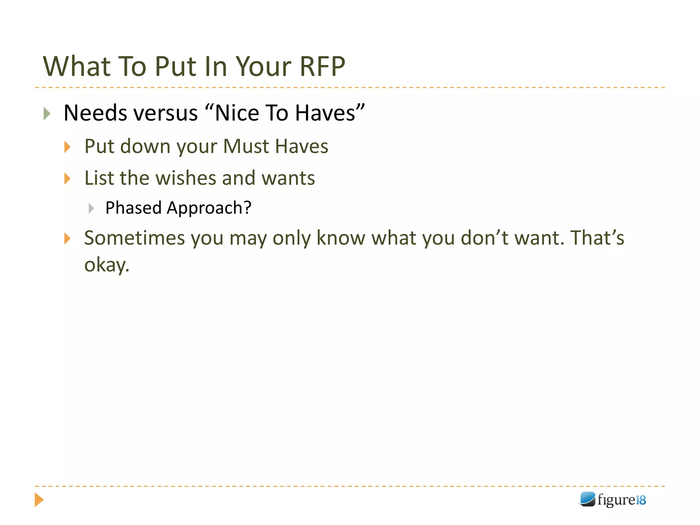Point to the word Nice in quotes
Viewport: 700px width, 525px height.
236,113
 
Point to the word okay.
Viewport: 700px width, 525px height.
107,265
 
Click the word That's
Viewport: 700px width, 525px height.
597,238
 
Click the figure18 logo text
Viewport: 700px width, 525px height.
621,500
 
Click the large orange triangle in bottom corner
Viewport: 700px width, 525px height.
39,500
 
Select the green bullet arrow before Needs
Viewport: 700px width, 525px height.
47,113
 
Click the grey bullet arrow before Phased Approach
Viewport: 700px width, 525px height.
91,208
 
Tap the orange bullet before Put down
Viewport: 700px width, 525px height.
67,147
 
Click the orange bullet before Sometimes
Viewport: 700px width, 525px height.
67,239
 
